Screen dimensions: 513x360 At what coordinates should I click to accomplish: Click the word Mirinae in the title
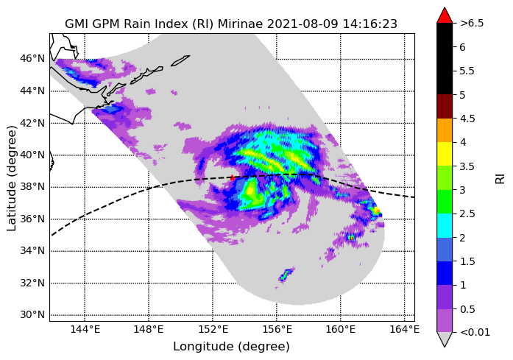tap(241, 24)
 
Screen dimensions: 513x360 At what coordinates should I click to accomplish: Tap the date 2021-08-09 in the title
tap(303, 24)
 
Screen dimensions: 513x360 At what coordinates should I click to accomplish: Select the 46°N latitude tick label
tap(32, 58)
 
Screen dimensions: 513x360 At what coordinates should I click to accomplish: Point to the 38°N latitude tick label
tap(32, 186)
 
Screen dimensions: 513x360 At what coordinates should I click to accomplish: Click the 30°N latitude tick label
tap(32, 315)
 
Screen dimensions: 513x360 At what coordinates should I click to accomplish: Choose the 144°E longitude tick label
tap(85, 329)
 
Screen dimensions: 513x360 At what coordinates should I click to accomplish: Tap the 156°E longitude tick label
tap(277, 329)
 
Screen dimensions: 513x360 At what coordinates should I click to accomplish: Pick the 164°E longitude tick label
tap(405, 329)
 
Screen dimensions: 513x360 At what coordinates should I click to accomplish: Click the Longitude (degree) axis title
tap(231, 346)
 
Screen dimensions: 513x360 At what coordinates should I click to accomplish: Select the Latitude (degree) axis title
tap(11, 177)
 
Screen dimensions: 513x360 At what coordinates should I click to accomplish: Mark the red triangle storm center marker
tap(232, 177)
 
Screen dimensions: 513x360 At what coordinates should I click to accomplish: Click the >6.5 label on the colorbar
tap(472, 24)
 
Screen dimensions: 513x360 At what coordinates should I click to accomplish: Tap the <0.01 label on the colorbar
tap(475, 333)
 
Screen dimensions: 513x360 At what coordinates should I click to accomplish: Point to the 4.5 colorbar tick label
tap(467, 119)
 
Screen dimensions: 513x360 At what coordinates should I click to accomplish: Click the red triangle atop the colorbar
tap(445, 15)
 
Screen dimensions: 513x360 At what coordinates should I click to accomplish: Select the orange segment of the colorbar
tap(445, 130)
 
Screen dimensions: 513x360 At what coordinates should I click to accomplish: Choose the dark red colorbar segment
tap(445, 106)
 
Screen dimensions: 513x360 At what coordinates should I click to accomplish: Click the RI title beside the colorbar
tap(500, 179)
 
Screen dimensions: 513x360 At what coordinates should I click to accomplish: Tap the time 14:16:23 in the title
tap(369, 24)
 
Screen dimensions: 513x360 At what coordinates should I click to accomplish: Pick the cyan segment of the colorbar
tap(445, 225)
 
